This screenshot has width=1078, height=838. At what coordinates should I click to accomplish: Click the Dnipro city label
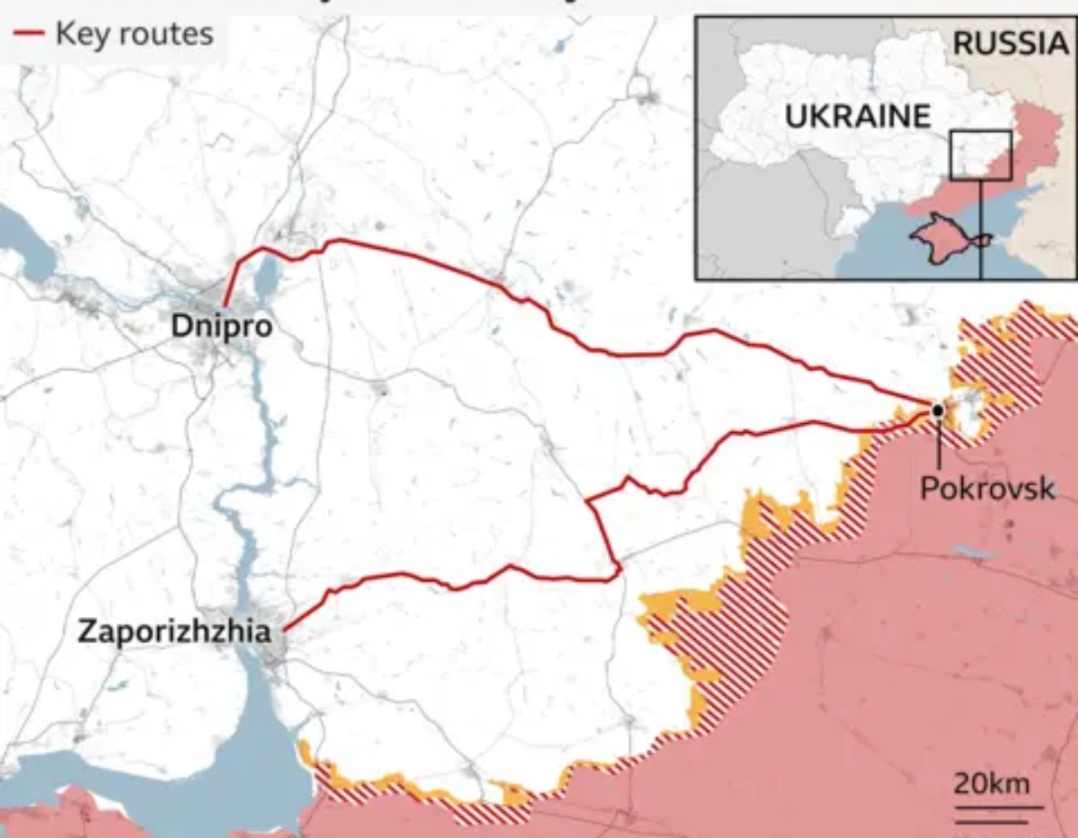pyautogui.click(x=221, y=327)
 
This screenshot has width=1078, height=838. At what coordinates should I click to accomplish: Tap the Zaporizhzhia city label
pyautogui.click(x=173, y=631)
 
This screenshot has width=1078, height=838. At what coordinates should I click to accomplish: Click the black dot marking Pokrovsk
pyautogui.click(x=937, y=410)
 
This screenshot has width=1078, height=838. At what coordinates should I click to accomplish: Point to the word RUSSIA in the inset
pyautogui.click(x=1010, y=42)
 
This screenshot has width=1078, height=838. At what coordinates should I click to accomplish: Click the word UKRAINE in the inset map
pyautogui.click(x=857, y=116)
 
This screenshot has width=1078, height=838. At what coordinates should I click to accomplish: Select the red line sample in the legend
pyautogui.click(x=28, y=34)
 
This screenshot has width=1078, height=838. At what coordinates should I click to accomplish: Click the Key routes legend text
pyautogui.click(x=134, y=34)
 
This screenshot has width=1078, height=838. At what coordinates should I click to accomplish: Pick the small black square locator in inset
pyautogui.click(x=981, y=155)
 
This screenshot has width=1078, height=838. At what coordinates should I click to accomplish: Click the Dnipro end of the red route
pyautogui.click(x=225, y=305)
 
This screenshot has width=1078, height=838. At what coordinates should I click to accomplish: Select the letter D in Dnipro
pyautogui.click(x=180, y=327)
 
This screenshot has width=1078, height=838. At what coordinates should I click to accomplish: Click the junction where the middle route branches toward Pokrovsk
pyautogui.click(x=588, y=500)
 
